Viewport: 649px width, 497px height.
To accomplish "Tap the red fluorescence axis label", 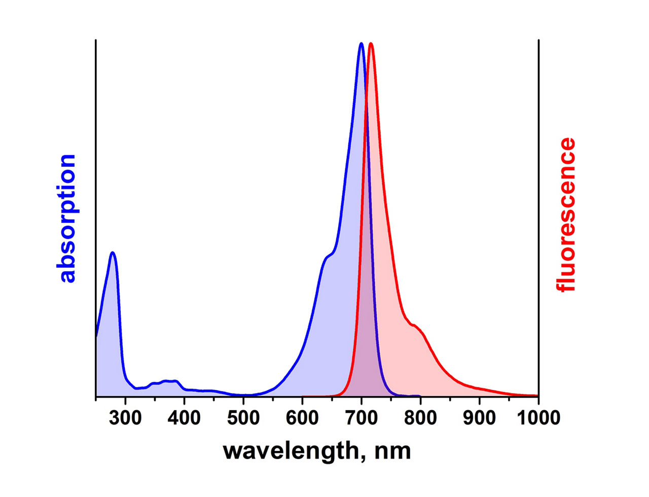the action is tap(565, 215).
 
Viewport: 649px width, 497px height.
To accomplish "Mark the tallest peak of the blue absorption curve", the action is tap(361, 44).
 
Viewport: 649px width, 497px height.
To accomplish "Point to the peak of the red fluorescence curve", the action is tap(371, 44).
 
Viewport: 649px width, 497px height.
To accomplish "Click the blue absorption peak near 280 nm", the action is tap(113, 253).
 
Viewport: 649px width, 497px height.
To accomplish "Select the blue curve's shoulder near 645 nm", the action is tap(328, 256).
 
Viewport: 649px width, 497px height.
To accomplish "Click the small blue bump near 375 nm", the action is tap(170, 381).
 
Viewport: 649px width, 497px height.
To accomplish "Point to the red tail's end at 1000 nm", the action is tap(537, 396).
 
